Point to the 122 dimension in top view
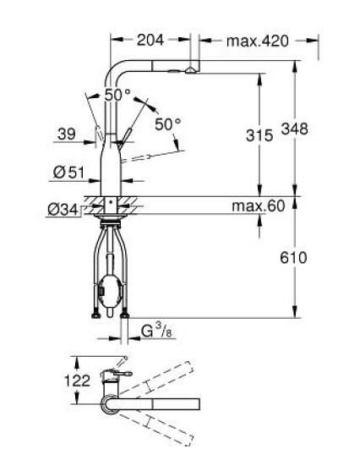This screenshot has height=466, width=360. tap(77, 381)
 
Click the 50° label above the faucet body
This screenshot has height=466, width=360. tap(117, 95)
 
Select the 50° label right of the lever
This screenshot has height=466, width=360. tap(167, 124)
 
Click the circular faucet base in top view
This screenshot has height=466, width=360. tap(110, 403)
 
